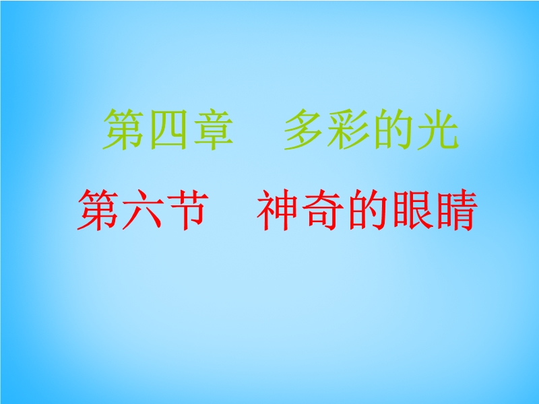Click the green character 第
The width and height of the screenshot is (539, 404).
[123, 130]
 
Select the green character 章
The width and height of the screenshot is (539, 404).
[213, 130]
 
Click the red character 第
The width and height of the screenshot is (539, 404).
[98, 209]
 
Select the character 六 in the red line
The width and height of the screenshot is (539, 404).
[142, 209]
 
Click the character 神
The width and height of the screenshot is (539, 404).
[276, 210]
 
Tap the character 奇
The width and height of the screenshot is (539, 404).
[322, 210]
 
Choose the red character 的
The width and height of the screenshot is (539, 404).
[367, 210]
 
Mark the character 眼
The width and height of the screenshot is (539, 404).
[411, 210]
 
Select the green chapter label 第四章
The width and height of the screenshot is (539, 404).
[168, 130]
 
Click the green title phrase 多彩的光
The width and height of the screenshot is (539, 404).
[371, 130]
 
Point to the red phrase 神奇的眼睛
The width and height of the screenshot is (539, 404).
[367, 210]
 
